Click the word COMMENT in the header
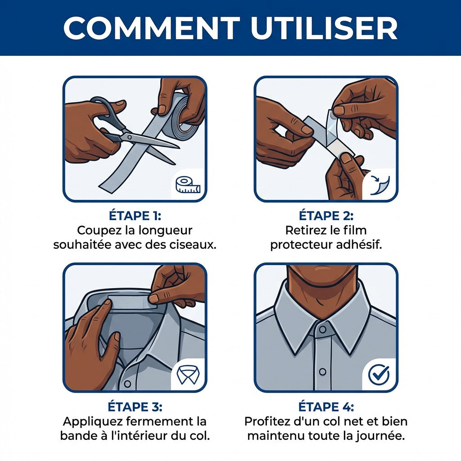pyautogui.click(x=152, y=28)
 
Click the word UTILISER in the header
pyautogui.click(x=324, y=28)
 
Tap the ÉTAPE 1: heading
pyautogui.click(x=135, y=216)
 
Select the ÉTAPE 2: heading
pyautogui.click(x=326, y=216)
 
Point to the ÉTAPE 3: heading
pyautogui.click(x=135, y=407)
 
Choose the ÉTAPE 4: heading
pyautogui.click(x=326, y=407)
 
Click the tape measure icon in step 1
pyautogui.click(x=188, y=185)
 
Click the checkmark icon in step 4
pyautogui.click(x=379, y=375)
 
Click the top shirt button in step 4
pyautogui.click(x=322, y=329)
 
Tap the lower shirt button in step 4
pyautogui.click(x=322, y=371)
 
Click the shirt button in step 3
pyautogui.click(x=127, y=384)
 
